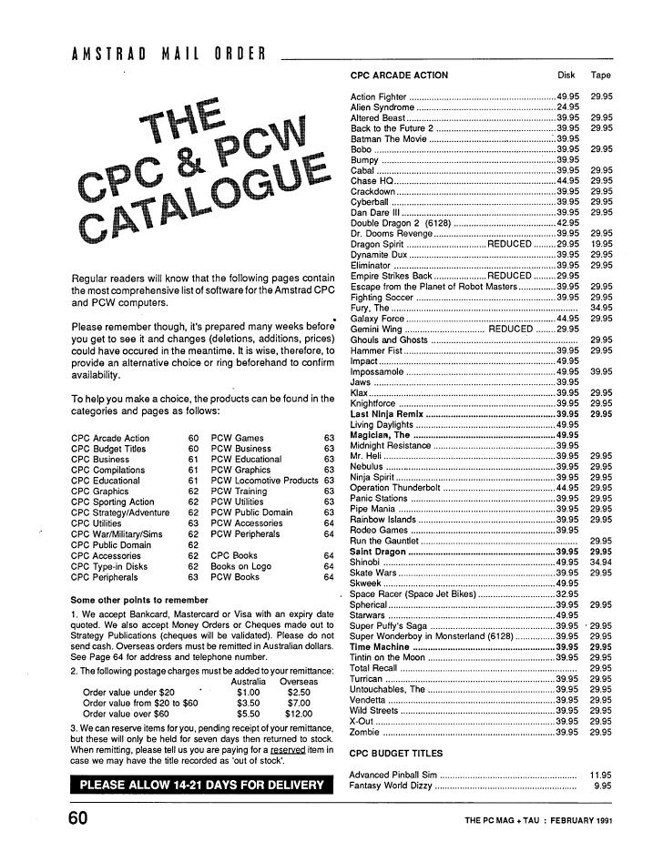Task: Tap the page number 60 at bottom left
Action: tap(77, 817)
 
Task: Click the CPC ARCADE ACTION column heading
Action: tap(399, 76)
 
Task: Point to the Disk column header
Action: tap(566, 76)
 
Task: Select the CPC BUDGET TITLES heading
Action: tap(396, 754)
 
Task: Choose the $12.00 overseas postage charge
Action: tap(298, 715)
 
